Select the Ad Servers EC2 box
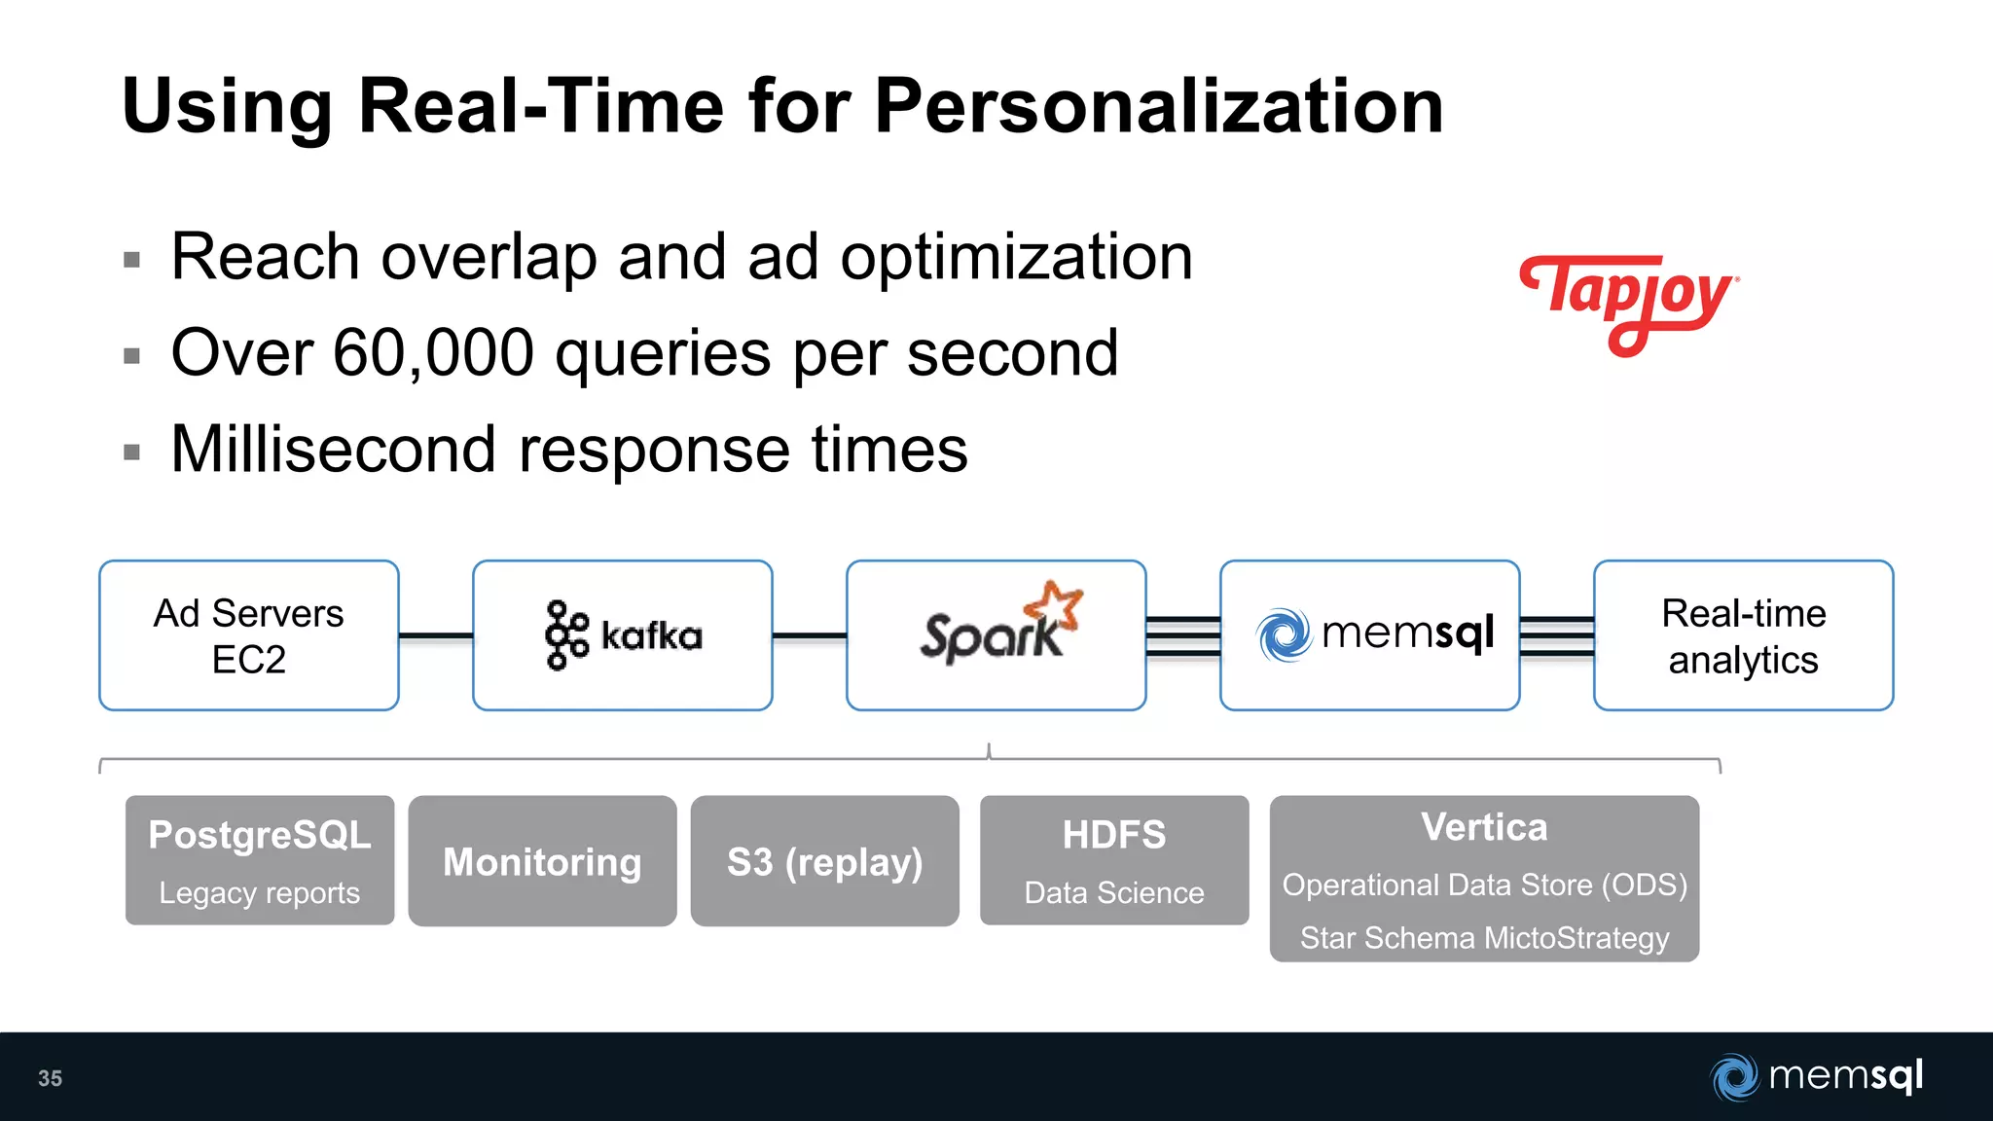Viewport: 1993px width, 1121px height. click(x=249, y=635)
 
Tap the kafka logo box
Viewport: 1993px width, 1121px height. click(x=623, y=635)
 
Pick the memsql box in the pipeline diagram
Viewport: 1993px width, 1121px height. click(x=1370, y=635)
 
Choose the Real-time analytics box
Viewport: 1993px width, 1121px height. click(x=1743, y=635)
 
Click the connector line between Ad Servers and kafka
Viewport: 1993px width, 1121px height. click(x=436, y=635)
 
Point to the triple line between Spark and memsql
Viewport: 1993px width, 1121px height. click(x=1183, y=636)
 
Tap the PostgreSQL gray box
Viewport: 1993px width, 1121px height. click(x=260, y=860)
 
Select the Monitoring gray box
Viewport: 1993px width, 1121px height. click(x=542, y=861)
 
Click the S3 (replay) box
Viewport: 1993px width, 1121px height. click(x=824, y=861)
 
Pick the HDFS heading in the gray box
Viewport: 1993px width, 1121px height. click(x=1114, y=835)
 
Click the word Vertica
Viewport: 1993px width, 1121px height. click(x=1484, y=827)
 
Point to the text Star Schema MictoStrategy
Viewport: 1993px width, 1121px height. click(x=1484, y=938)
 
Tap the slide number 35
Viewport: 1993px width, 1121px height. click(x=50, y=1078)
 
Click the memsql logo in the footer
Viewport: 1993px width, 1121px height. click(x=1817, y=1076)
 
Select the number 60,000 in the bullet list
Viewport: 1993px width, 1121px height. click(x=433, y=352)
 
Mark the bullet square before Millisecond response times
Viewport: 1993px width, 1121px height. click(x=132, y=452)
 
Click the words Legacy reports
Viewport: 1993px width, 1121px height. click(x=260, y=893)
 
